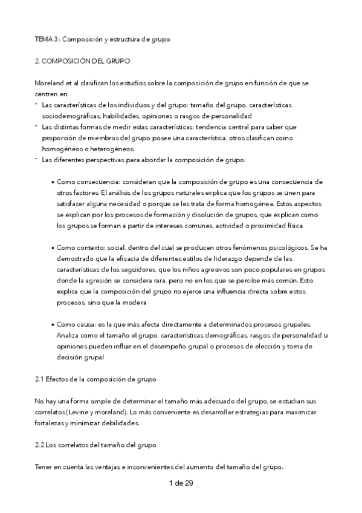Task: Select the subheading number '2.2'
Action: [x=39, y=445]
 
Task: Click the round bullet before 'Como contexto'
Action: [x=53, y=247]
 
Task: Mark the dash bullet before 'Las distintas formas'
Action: [x=36, y=126]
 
